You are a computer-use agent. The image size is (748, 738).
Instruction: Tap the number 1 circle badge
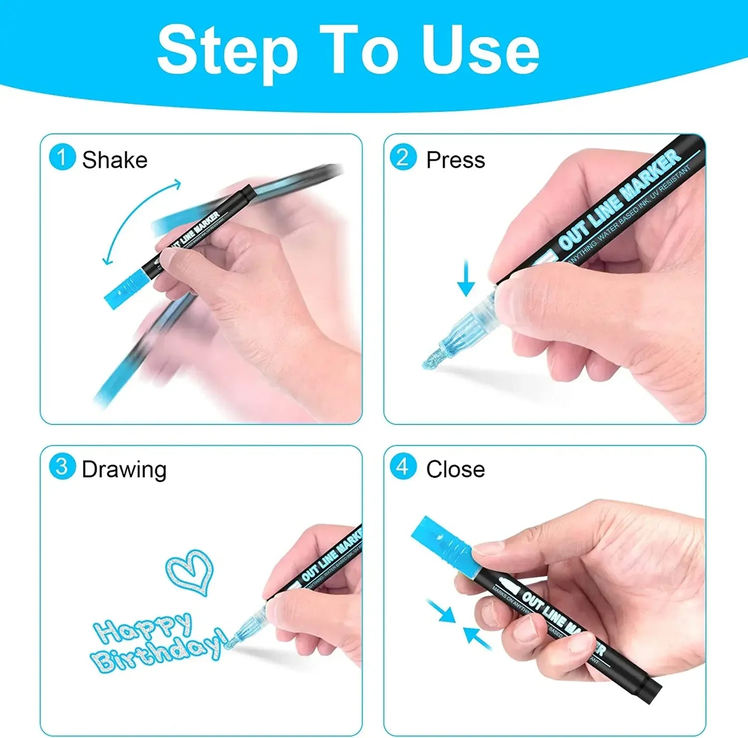coord(62,158)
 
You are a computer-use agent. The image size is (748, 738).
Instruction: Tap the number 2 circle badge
coord(403,157)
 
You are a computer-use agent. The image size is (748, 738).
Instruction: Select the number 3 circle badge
coord(62,466)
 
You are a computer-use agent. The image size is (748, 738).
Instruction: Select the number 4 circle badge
coord(403,466)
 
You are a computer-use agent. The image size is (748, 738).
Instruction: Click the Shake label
coord(114,160)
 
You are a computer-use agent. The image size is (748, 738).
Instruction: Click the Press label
coord(456,160)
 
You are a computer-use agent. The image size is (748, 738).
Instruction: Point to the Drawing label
coord(124,470)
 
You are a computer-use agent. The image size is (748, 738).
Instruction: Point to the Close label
coord(456,470)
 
